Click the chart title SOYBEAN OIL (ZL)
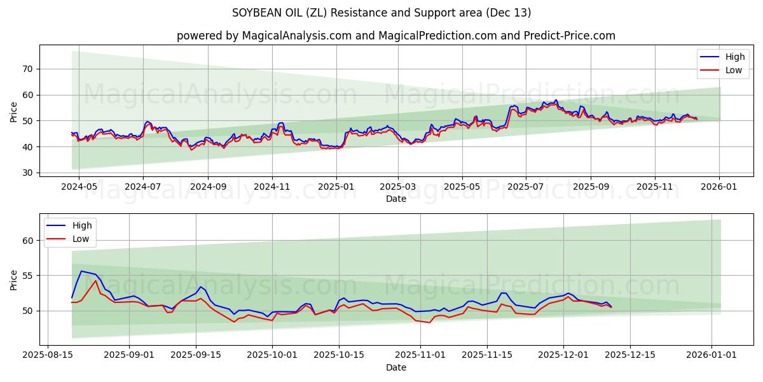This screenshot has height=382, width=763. click(x=381, y=13)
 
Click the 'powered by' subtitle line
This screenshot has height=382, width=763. click(x=395, y=36)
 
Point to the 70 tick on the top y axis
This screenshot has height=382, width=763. click(x=27, y=69)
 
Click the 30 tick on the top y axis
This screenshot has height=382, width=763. click(x=27, y=173)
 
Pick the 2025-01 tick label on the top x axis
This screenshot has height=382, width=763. click(x=336, y=187)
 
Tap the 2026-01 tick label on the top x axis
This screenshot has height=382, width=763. click(x=719, y=187)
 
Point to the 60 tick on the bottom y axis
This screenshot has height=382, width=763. click(x=27, y=241)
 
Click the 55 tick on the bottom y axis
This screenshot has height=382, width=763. click(x=27, y=276)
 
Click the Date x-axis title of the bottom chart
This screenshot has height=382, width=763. click(x=395, y=367)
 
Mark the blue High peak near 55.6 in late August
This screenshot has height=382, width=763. click(x=81, y=271)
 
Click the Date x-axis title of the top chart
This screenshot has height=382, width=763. click(x=395, y=199)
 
